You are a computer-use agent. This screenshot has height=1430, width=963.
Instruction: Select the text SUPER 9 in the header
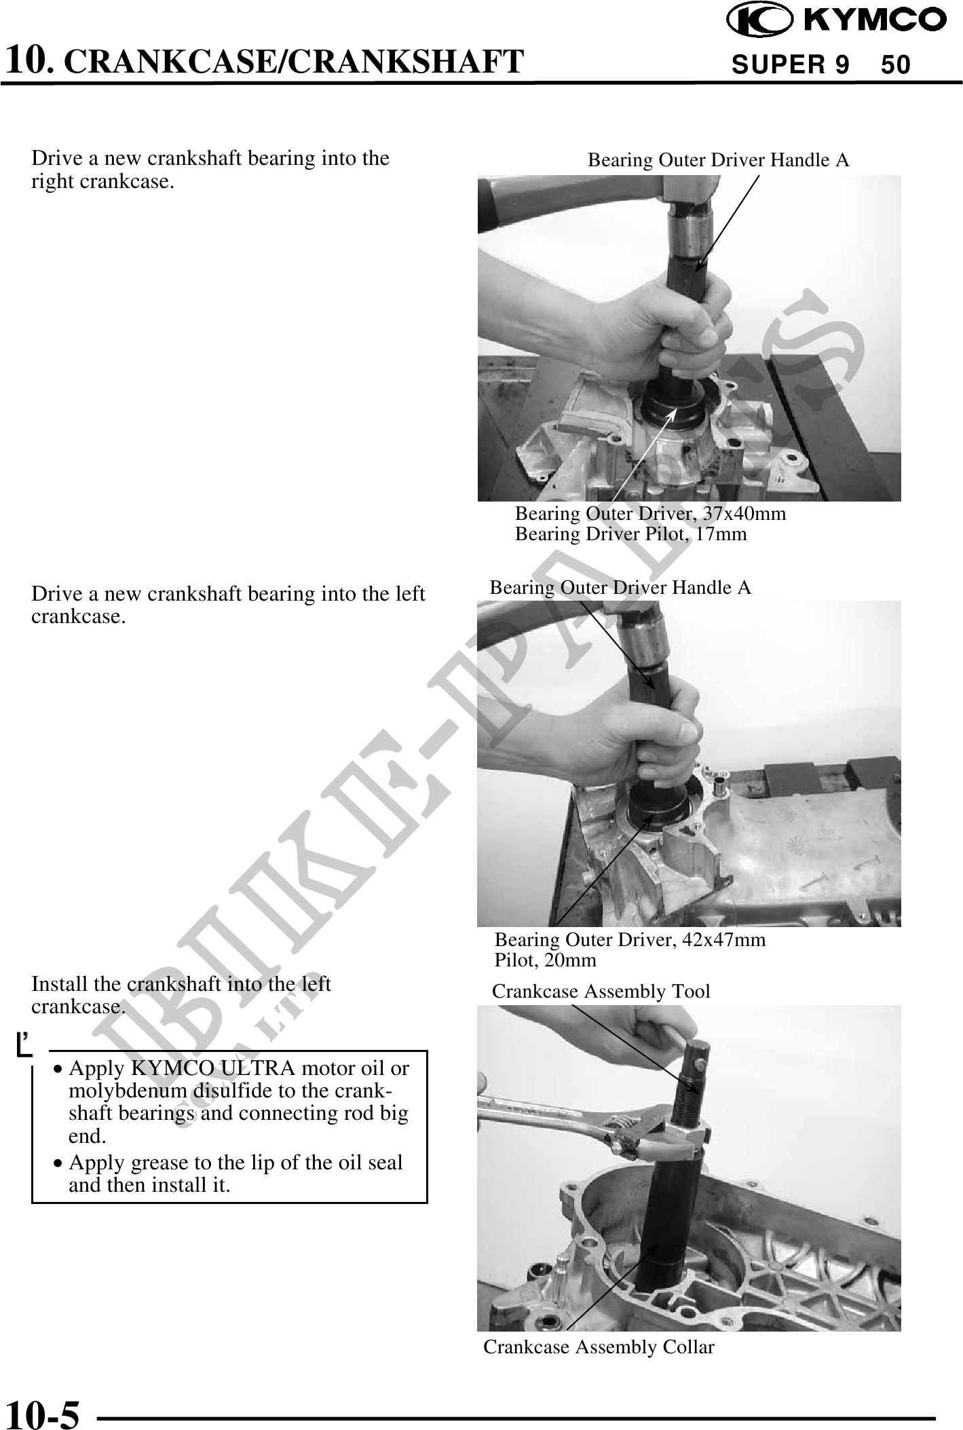(791, 65)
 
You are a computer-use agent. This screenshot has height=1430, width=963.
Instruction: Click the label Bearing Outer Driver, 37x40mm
(650, 513)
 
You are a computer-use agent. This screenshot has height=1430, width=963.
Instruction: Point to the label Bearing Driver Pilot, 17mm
(630, 534)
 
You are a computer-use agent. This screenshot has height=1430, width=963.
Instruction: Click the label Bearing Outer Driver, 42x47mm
(630, 939)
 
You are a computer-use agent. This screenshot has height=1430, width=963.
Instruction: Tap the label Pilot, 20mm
(545, 960)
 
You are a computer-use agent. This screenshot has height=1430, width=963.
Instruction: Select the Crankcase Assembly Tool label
(601, 992)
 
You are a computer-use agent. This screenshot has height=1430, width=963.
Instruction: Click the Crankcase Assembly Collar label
(599, 1347)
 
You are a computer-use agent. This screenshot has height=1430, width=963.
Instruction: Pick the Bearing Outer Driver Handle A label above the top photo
(718, 160)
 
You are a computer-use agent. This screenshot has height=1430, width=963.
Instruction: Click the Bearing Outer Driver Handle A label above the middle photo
(620, 588)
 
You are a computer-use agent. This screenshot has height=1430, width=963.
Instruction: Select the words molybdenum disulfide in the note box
(151, 1091)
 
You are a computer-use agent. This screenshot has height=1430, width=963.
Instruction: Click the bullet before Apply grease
(59, 1164)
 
